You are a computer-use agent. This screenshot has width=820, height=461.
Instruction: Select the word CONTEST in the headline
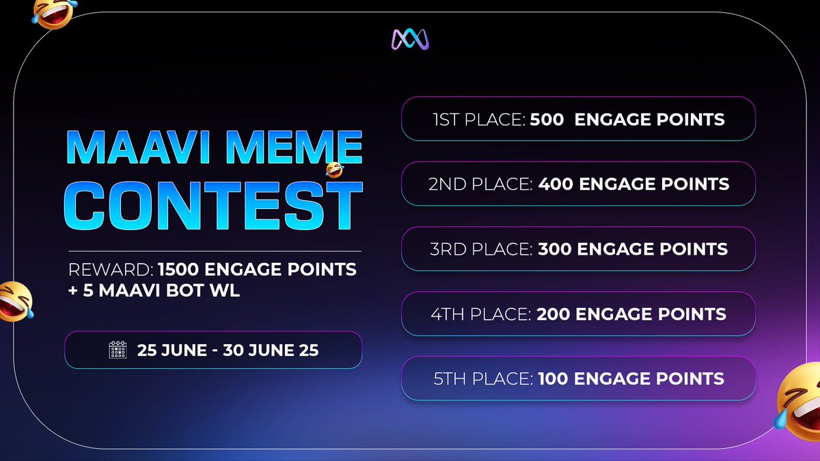click(217, 202)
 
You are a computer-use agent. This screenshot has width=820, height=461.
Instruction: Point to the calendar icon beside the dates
click(119, 350)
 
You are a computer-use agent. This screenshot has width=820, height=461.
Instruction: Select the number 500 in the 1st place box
click(547, 120)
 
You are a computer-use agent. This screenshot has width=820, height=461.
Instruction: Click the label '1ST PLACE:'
click(479, 120)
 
